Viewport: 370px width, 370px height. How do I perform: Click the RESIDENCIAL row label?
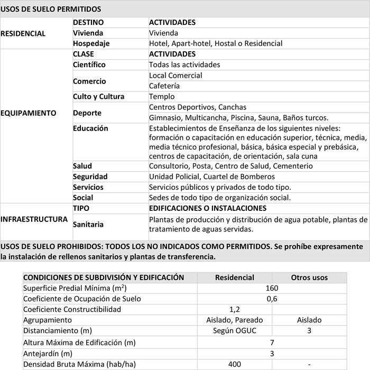tap(23, 33)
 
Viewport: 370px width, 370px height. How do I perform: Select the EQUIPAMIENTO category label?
tap(29, 113)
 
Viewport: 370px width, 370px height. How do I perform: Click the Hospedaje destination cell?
tap(91, 44)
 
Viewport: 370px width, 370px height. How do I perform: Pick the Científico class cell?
tap(89, 65)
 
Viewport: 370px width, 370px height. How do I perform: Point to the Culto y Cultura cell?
tap(99, 97)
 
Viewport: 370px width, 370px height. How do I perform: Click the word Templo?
tap(162, 97)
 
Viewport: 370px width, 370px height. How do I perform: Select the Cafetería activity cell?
tap(164, 86)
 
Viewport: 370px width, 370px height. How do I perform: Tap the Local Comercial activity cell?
tap(175, 76)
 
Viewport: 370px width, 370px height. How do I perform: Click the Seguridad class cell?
tap(90, 177)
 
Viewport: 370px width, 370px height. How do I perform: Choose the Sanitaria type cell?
tap(88, 225)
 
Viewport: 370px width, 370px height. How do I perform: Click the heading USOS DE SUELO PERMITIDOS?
tap(51, 9)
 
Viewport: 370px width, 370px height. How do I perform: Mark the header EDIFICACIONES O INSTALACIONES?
tap(208, 208)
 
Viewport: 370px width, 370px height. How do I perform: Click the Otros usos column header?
tap(309, 277)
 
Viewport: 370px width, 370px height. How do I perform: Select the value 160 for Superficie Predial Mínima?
tap(272, 288)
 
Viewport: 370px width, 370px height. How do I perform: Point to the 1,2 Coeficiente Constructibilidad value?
tap(235, 309)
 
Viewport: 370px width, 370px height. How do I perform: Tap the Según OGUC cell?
tap(235, 331)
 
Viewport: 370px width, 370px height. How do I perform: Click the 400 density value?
tap(235, 364)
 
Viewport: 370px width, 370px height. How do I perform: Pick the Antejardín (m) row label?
tap(48, 353)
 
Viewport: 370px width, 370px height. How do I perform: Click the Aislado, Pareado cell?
tap(235, 320)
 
